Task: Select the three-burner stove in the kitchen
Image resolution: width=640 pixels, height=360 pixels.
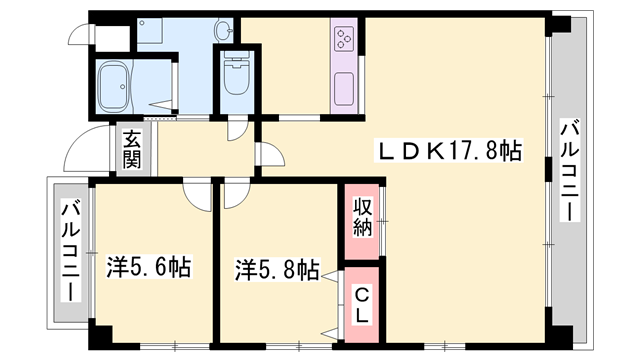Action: (345, 40)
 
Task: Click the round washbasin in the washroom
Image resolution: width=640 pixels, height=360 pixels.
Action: (222, 31)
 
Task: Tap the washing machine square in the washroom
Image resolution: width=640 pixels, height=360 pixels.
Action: (153, 33)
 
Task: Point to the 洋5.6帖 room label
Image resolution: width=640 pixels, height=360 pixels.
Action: (149, 268)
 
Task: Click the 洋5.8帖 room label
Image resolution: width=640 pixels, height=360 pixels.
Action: (277, 269)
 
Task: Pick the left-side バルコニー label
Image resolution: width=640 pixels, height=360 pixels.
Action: (70, 250)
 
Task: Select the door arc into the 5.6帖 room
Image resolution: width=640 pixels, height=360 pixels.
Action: (196, 191)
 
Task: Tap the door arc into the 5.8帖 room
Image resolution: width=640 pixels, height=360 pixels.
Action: (232, 192)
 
